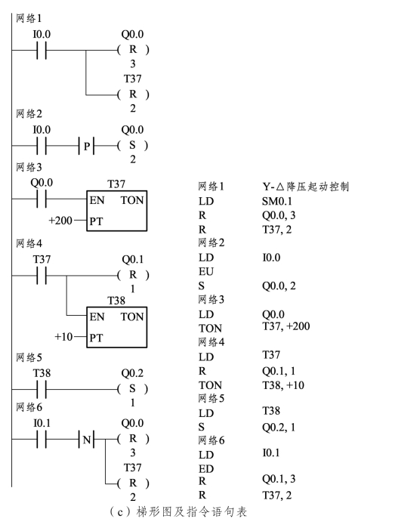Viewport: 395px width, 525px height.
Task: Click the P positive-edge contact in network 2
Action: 86,146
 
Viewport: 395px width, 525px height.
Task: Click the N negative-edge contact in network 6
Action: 87,440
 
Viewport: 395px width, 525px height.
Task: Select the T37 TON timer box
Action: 116,211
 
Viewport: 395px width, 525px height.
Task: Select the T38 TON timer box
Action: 116,327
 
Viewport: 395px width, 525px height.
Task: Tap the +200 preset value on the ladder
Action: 60,221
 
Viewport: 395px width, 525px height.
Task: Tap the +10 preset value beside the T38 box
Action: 63,336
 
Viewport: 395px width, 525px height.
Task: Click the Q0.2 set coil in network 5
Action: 133,389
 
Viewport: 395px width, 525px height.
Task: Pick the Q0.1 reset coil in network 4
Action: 133,275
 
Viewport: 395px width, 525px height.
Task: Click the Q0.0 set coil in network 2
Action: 133,146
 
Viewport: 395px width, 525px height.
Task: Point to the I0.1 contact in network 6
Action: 42,439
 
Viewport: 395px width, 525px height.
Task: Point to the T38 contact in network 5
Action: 42,389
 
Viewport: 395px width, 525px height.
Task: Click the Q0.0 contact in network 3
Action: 42,199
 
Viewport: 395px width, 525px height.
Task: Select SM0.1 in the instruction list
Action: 277,201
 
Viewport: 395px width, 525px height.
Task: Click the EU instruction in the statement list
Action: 206,271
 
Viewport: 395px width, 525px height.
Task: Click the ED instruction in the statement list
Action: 206,469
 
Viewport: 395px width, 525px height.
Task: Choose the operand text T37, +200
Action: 286,326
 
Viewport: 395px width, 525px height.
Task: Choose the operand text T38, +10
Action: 283,385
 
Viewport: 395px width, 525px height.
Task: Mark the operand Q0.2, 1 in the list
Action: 279,428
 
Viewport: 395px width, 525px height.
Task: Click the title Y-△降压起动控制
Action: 306,187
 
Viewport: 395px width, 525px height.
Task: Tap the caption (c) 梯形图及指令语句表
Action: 178,512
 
